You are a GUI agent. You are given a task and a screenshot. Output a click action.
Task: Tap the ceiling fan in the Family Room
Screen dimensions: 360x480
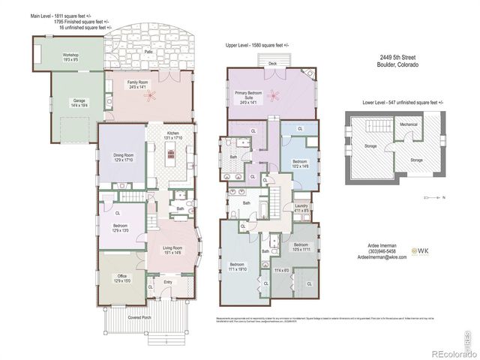154,95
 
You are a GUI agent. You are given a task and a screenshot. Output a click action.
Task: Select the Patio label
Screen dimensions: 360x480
159,52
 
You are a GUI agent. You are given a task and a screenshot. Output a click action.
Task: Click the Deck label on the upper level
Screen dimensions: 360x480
272,64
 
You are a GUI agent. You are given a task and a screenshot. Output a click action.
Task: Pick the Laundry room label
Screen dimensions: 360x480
301,208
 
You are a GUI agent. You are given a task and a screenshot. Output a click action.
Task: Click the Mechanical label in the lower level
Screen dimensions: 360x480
409,124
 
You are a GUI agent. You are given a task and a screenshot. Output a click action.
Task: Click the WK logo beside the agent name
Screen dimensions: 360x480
422,250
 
